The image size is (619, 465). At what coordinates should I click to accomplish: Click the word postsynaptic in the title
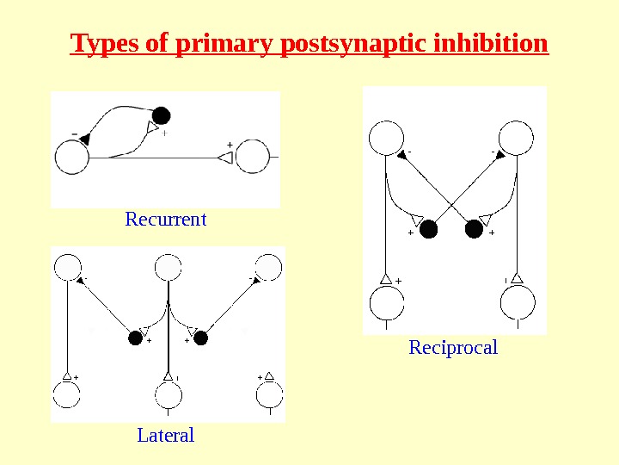[x=357, y=43]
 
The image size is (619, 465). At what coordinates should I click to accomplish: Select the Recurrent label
[x=166, y=220]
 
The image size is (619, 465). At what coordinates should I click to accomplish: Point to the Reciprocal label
[x=453, y=348]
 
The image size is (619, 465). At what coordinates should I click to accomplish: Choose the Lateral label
[x=166, y=436]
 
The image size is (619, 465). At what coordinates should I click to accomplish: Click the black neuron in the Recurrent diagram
[x=162, y=115]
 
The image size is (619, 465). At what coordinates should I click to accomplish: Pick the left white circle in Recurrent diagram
[x=72, y=158]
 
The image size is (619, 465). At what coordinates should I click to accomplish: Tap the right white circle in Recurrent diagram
[x=253, y=158]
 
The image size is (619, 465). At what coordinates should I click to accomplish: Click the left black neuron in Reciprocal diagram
[x=428, y=229]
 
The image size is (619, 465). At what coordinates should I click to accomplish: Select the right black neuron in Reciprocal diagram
[x=474, y=229]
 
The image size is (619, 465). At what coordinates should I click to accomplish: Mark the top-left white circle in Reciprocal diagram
[x=386, y=138]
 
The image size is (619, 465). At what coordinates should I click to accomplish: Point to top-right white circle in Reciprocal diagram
[x=517, y=138]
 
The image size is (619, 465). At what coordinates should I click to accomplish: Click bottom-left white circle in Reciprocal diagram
[x=386, y=304]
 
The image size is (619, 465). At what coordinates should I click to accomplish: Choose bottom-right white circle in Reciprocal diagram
[x=518, y=304]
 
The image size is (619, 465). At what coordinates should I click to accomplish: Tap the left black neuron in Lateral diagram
[x=135, y=338]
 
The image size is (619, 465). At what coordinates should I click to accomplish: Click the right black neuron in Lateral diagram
[x=201, y=338]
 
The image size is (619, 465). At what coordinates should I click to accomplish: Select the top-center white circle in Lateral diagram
[x=169, y=268]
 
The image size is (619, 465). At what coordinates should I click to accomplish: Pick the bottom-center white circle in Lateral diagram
[x=169, y=395]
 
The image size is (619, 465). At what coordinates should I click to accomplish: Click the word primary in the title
[x=226, y=43]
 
